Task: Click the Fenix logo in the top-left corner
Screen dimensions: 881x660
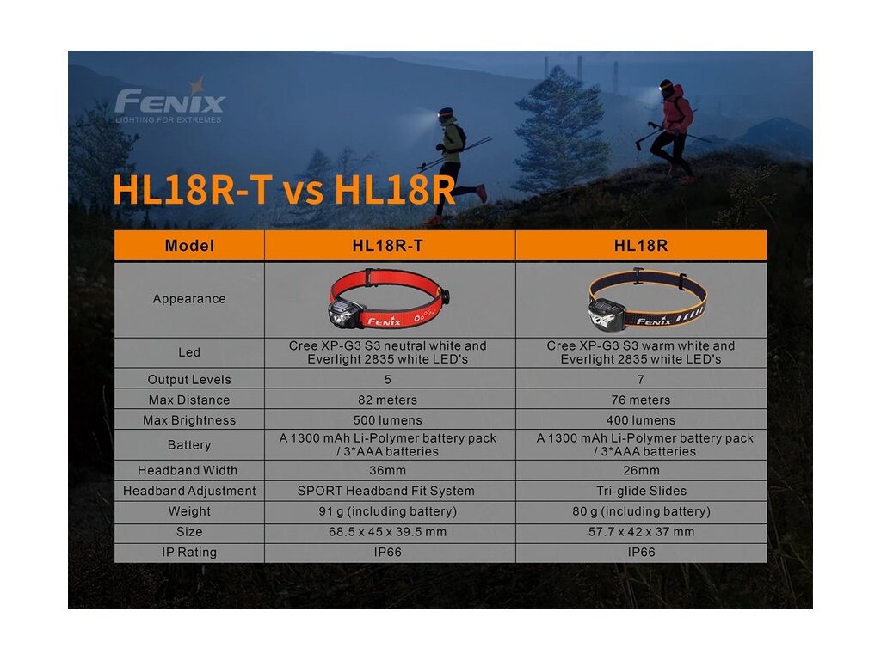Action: coord(169,101)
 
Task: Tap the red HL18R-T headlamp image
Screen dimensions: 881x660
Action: coord(389,298)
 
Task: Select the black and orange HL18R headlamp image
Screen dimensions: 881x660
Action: coord(647,298)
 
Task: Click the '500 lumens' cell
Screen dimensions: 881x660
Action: coord(388,419)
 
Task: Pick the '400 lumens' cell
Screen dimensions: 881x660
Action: coord(640,419)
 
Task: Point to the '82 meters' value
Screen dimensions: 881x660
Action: coord(388,400)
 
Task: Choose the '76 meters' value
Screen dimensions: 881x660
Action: coord(640,400)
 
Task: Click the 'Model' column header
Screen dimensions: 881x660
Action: coord(189,245)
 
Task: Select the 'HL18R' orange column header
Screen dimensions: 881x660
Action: coord(640,245)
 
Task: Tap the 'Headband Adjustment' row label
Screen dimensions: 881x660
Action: coord(189,491)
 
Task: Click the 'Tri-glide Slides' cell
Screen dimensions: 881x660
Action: coord(641,491)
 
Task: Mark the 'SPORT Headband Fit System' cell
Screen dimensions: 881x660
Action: coord(386,491)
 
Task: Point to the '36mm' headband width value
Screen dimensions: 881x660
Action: coord(388,470)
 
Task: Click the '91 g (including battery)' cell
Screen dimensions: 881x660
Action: coord(388,511)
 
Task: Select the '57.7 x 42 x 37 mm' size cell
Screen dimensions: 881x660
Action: coord(641,531)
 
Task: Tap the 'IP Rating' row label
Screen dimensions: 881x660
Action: coord(189,552)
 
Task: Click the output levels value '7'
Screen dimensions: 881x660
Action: coord(640,379)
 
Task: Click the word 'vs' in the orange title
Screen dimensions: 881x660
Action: coord(303,191)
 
